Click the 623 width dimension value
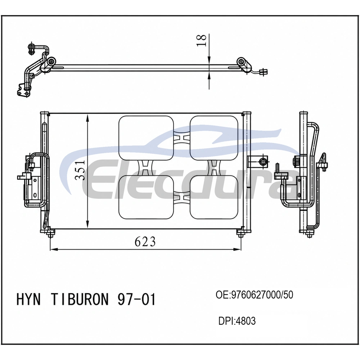[x=145, y=242]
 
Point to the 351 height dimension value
[x=81, y=170]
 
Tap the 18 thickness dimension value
[x=202, y=40]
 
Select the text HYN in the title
[x=28, y=300]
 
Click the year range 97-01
[x=137, y=300]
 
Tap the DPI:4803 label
[x=237, y=321]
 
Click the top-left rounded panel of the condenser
[x=146, y=138]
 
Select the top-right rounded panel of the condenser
[x=214, y=138]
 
